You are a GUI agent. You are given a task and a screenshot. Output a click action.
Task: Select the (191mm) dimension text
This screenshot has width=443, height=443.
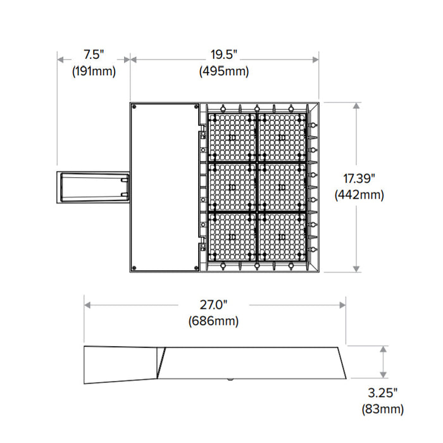(x=94, y=72)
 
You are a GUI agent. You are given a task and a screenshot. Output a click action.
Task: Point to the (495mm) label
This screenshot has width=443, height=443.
(x=223, y=72)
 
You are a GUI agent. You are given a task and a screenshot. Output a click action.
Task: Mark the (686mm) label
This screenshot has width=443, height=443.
(x=213, y=321)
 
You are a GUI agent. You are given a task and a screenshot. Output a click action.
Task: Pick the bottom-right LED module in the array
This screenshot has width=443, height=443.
(x=281, y=235)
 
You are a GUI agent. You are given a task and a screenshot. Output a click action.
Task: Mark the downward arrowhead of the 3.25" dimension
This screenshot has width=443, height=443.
(x=383, y=376)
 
